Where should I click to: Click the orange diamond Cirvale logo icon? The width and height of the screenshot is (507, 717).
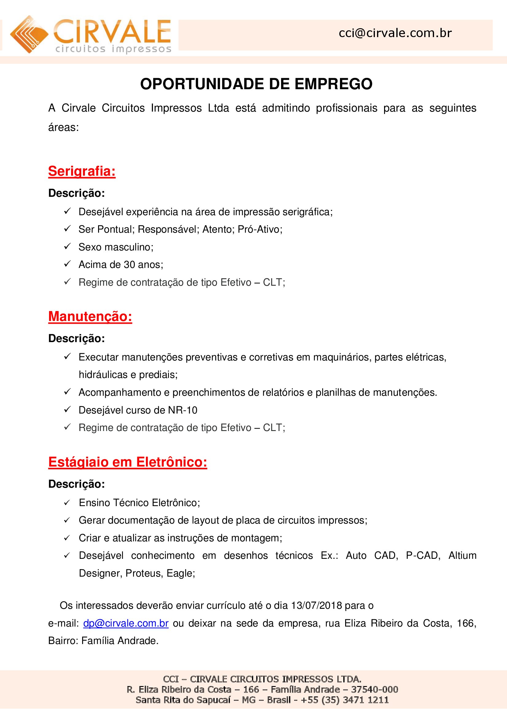click(x=29, y=34)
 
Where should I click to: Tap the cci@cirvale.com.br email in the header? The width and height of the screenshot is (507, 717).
click(x=395, y=33)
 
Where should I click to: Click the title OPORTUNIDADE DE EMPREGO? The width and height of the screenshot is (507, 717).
click(x=256, y=84)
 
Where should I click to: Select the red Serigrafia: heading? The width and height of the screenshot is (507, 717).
click(x=82, y=171)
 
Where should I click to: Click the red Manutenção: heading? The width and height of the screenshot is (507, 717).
click(x=90, y=316)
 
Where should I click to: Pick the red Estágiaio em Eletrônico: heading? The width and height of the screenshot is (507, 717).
click(x=128, y=462)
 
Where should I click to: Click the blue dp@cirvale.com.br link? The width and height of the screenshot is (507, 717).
click(x=126, y=623)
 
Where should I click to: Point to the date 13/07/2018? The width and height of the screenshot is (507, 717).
click(x=316, y=605)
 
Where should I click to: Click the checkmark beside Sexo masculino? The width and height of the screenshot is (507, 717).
click(x=67, y=246)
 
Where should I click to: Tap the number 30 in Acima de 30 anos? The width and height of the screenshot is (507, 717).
click(x=129, y=265)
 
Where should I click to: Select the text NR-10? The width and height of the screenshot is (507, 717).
click(x=183, y=410)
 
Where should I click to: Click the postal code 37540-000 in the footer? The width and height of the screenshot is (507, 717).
click(x=374, y=689)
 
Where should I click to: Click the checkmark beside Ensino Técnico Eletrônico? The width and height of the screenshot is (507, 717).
click(x=67, y=502)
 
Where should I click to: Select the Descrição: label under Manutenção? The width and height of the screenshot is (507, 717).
click(x=77, y=338)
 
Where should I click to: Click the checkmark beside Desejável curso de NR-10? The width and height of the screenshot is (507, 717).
click(x=67, y=410)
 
